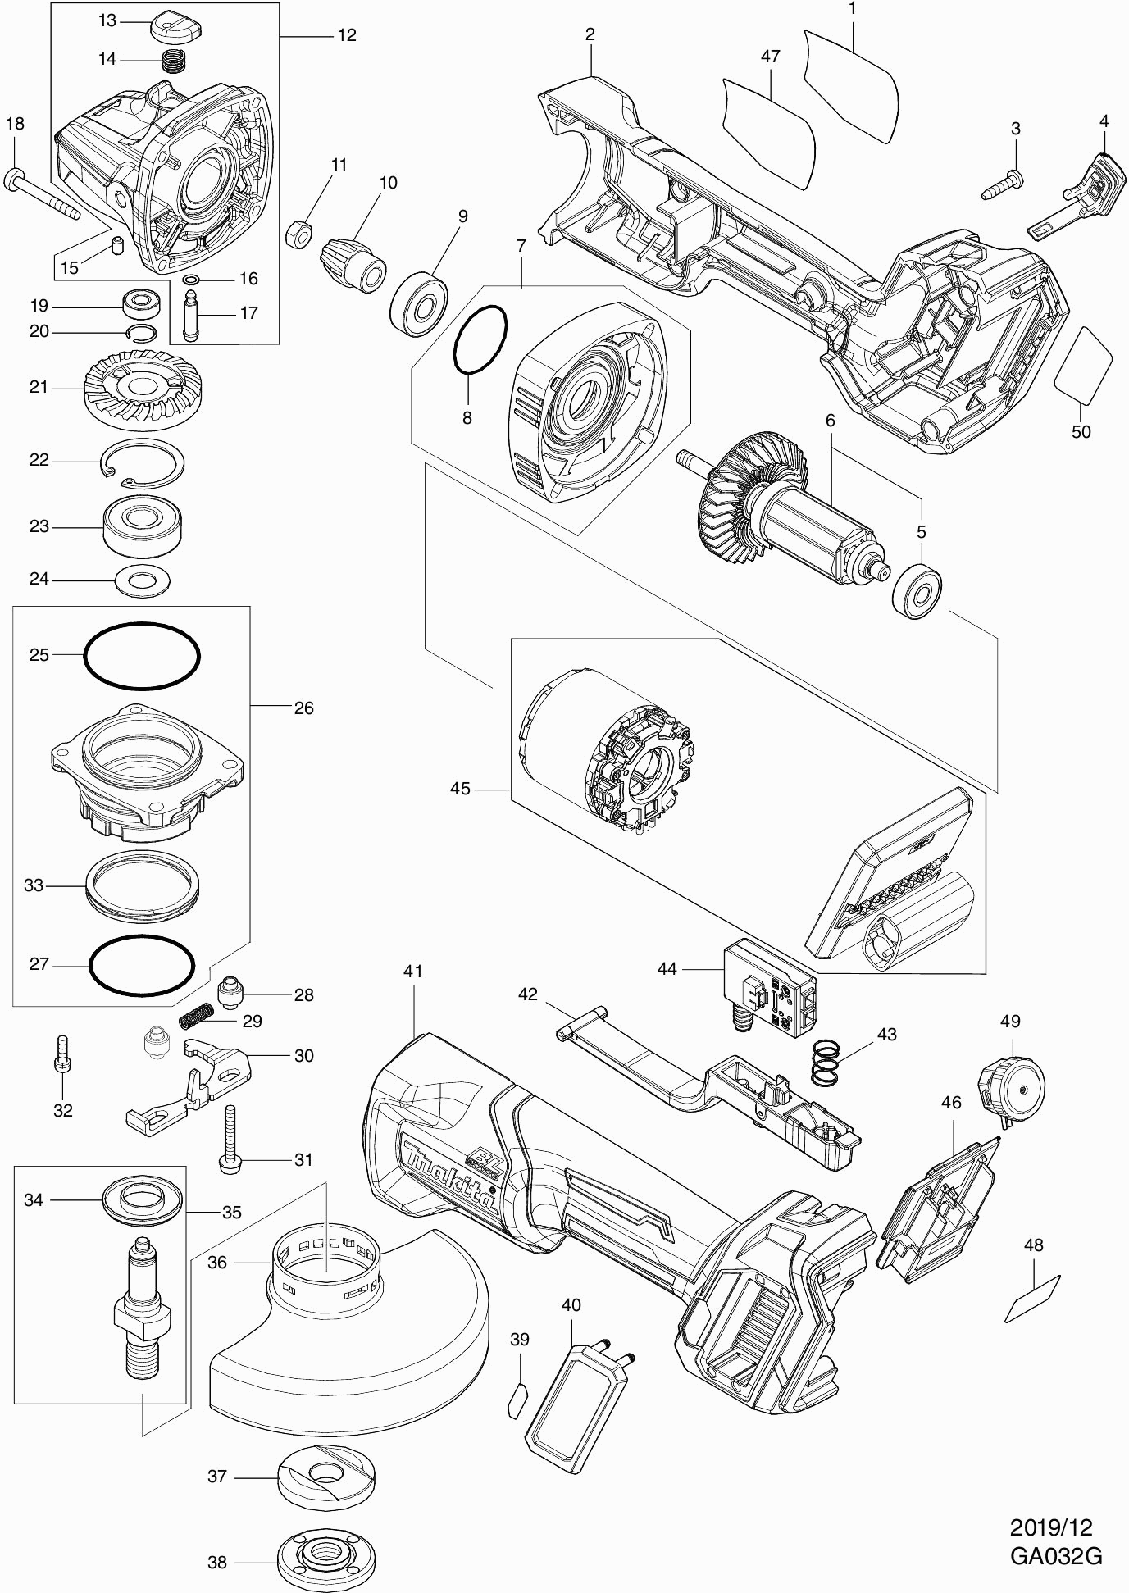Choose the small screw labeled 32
(63, 1055)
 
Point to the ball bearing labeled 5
(917, 591)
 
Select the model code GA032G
(1056, 1556)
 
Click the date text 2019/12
(1052, 1527)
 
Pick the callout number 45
(460, 788)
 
